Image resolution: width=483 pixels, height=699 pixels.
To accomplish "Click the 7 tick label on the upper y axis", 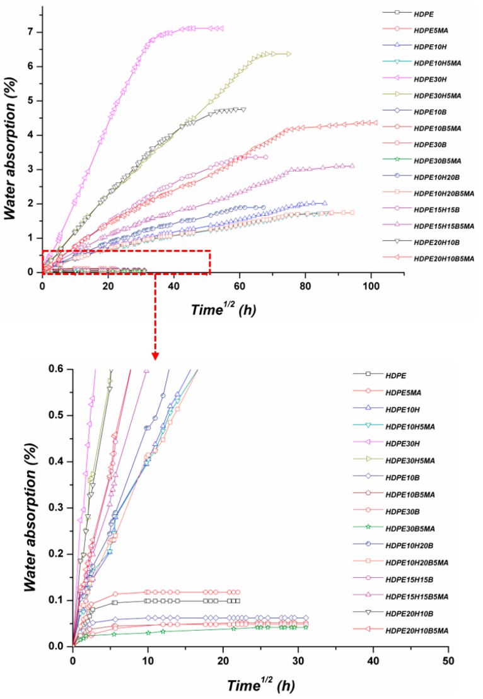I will coord(32,32).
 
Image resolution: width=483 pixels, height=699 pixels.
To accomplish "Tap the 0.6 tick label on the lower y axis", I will coord(57,368).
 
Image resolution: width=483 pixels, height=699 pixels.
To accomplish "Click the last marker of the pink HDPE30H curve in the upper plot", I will coord(221,28).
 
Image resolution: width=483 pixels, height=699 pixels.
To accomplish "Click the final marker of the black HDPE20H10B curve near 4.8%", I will coord(243,109).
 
